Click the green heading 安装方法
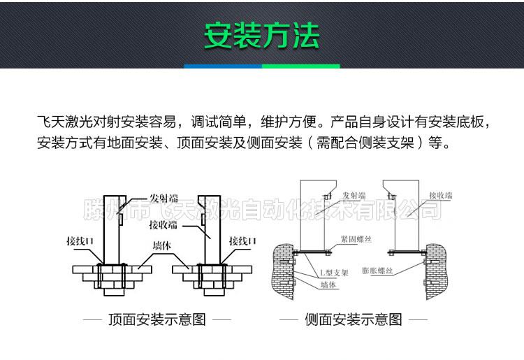261,35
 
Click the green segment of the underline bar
300,66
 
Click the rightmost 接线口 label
242,240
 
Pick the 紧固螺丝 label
357,238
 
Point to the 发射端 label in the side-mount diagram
354,196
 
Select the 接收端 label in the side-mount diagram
442,195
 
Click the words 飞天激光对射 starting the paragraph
77,122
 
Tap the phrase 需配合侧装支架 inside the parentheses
366,144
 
